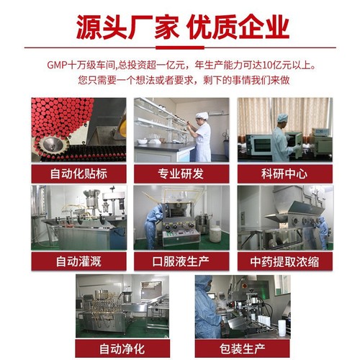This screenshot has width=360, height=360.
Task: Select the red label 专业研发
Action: pyautogui.click(x=181, y=174)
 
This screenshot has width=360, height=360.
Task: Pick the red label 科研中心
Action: pyautogui.click(x=285, y=174)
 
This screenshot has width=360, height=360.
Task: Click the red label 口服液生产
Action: pyautogui.click(x=181, y=261)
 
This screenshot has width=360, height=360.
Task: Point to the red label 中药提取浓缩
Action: pyautogui.click(x=285, y=261)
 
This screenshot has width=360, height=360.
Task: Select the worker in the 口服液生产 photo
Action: pyautogui.click(x=155, y=216)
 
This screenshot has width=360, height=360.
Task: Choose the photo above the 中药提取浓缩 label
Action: pyautogui.click(x=285, y=216)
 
